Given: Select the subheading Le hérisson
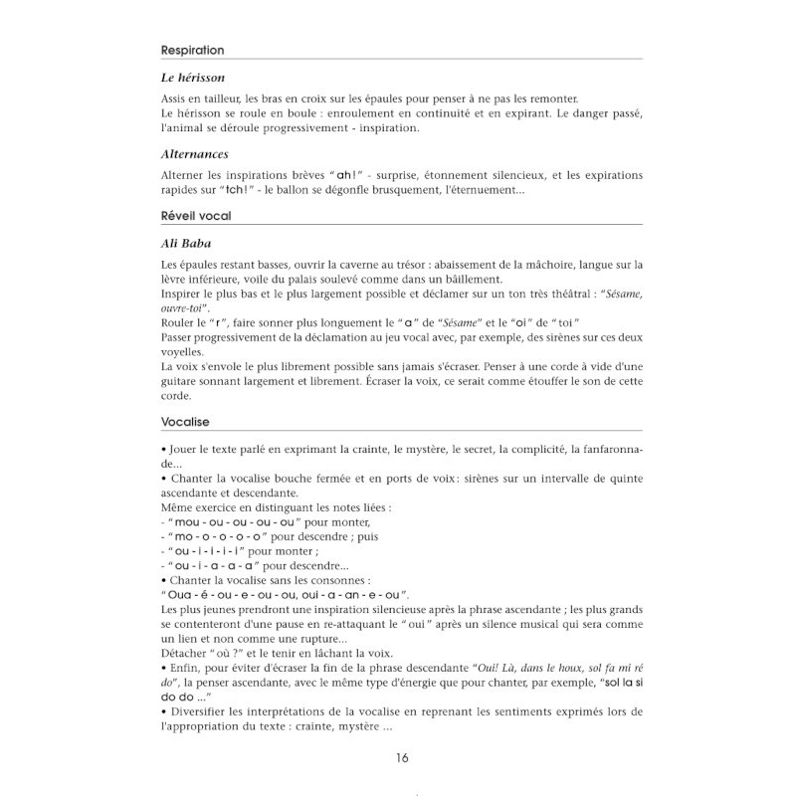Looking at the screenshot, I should [192, 78].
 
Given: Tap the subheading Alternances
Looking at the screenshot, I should [195, 155].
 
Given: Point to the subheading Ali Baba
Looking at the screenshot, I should [185, 244].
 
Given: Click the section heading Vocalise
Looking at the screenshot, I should [185, 421].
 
